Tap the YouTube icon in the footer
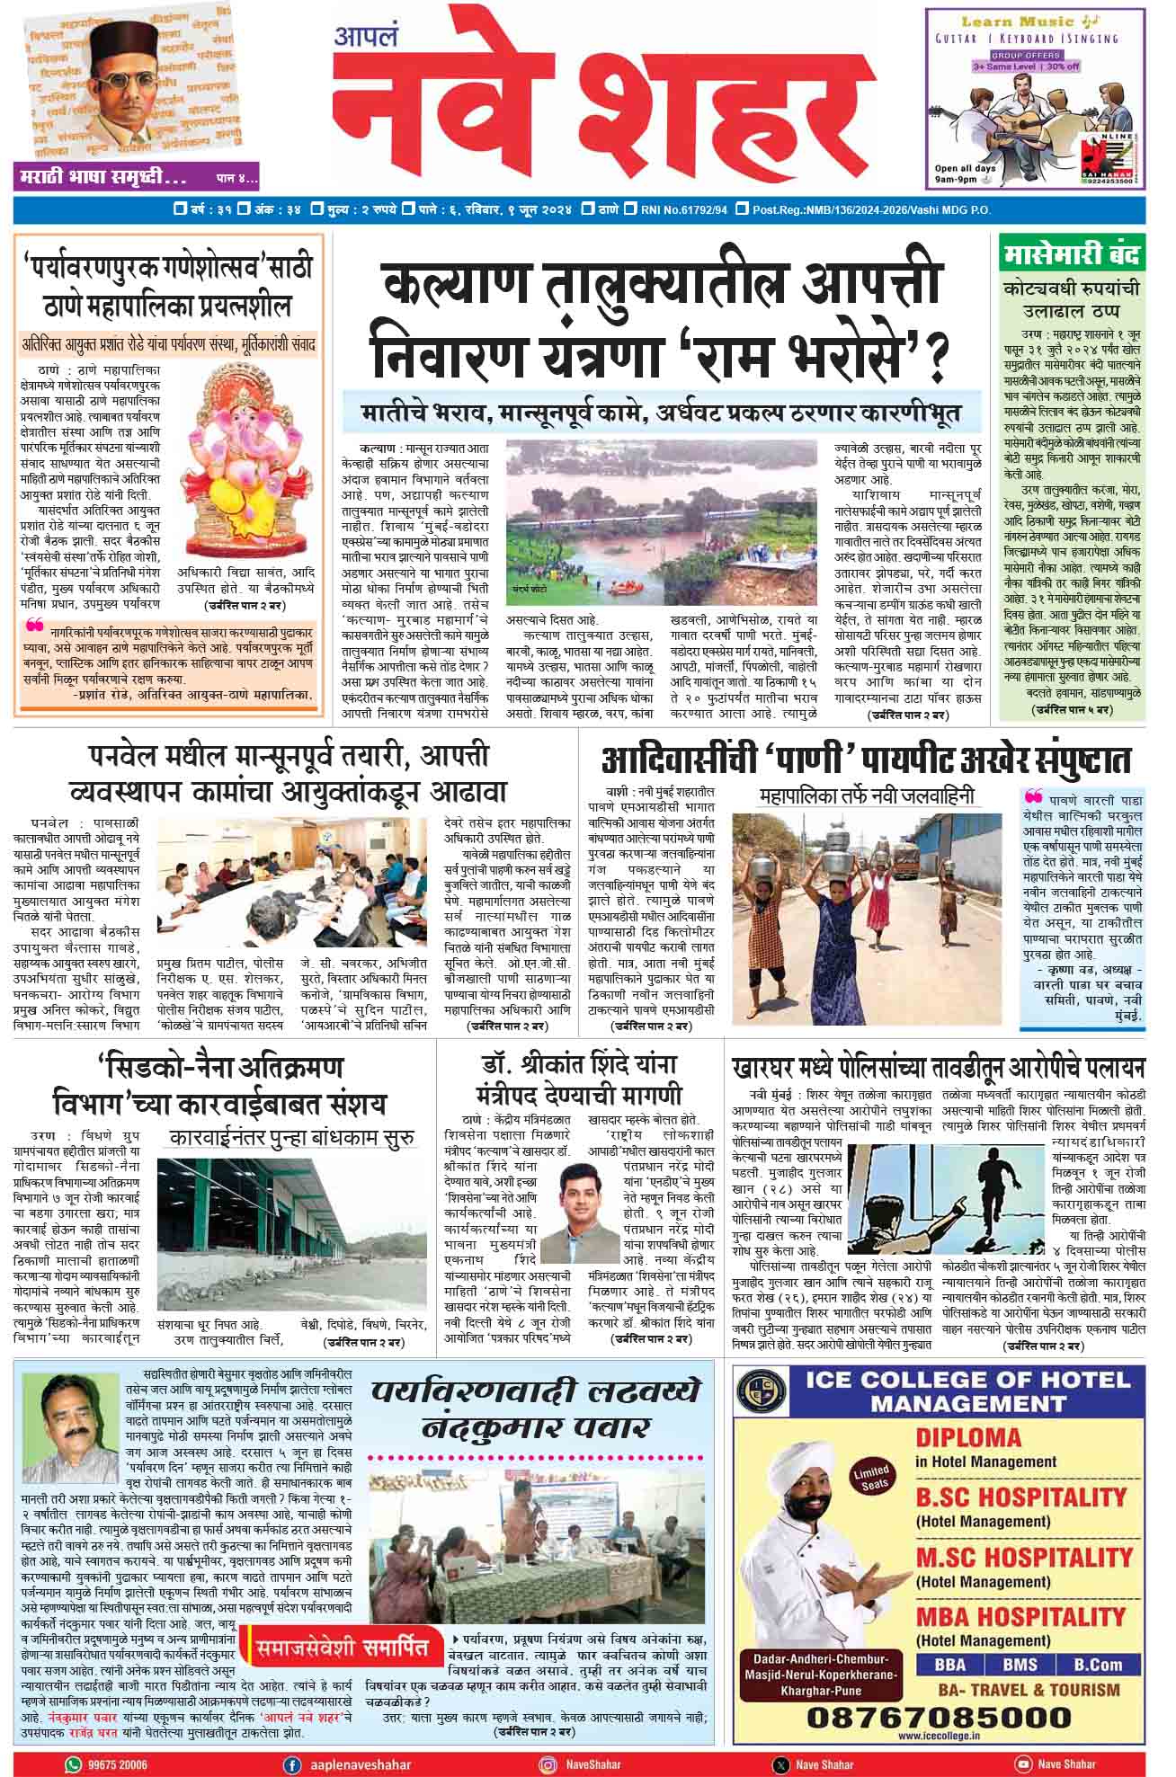pyautogui.click(x=1022, y=1764)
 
